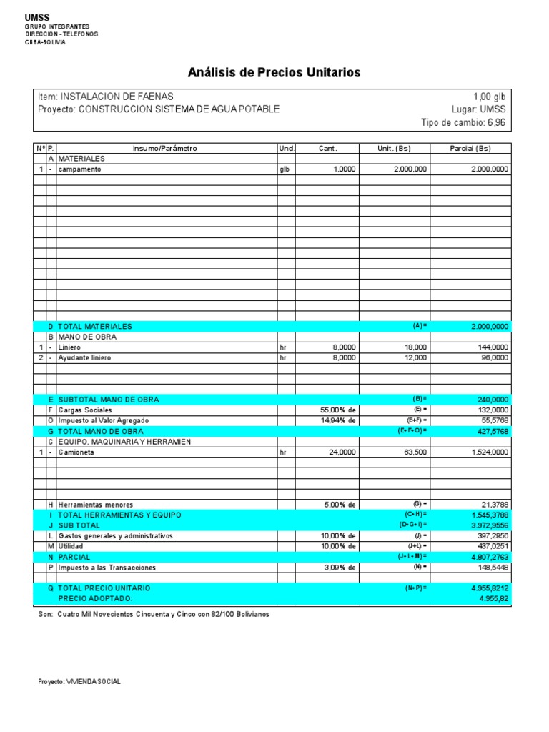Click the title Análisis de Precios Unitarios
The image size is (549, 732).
point(274,72)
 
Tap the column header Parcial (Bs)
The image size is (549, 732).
point(470,149)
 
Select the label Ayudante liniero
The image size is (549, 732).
point(84,357)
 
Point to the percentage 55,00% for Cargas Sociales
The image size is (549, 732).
point(338,410)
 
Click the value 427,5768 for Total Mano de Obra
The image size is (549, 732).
point(490,432)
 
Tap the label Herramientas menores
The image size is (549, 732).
point(95,505)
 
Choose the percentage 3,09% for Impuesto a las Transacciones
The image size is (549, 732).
point(338,568)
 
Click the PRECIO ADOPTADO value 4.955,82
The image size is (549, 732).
point(494,598)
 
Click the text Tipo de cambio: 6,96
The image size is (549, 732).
point(464,123)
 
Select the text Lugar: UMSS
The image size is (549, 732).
point(478,109)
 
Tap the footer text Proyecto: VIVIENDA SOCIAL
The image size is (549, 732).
point(79,682)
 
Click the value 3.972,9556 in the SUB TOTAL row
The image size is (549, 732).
point(488,525)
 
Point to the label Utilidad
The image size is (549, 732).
point(71,546)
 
